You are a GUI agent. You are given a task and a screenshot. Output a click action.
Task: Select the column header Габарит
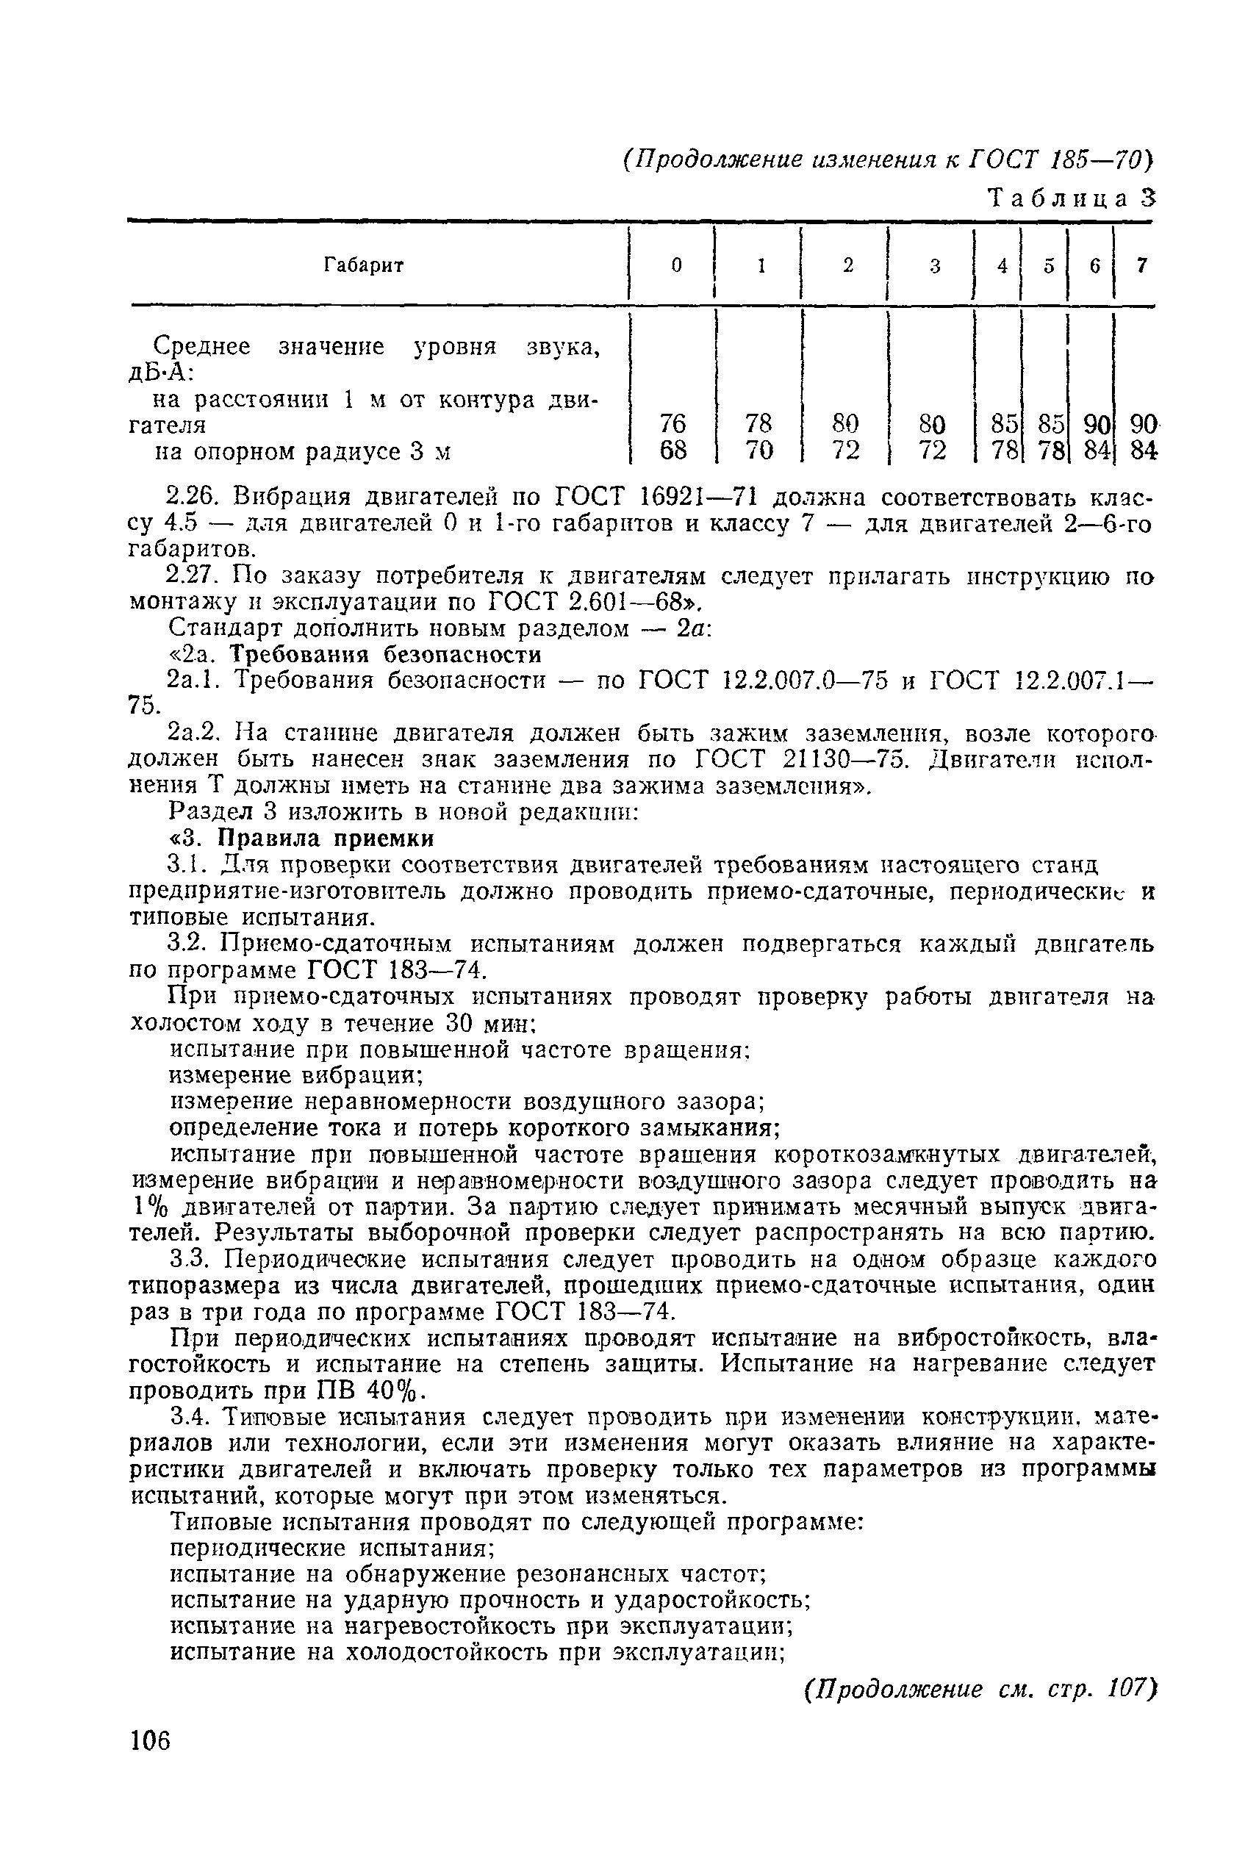(x=364, y=265)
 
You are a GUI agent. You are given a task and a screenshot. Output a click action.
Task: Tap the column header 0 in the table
(x=677, y=266)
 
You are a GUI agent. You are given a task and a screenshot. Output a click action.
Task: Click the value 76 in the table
(x=672, y=423)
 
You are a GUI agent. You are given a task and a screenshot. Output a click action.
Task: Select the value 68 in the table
(x=672, y=451)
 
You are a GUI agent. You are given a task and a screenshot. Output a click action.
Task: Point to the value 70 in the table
(x=758, y=451)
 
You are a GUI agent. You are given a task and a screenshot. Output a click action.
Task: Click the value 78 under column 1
(x=758, y=423)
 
